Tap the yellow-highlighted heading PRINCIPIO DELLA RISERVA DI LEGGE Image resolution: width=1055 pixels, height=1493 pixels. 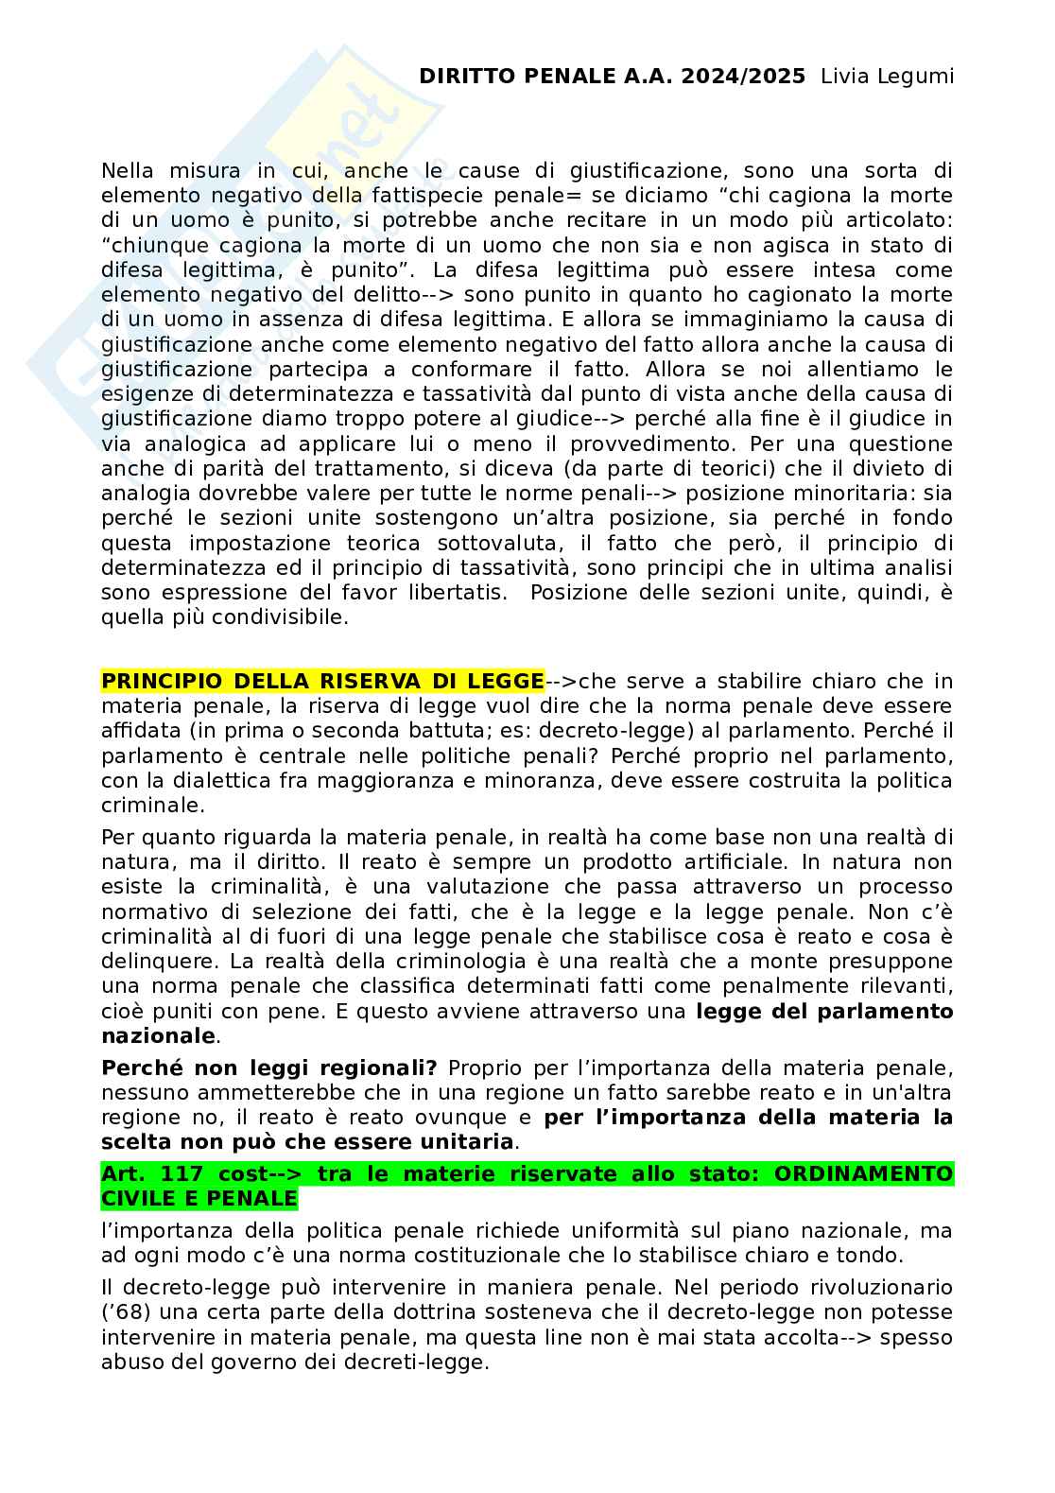[322, 682]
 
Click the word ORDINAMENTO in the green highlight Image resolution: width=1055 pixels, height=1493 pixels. [863, 1174]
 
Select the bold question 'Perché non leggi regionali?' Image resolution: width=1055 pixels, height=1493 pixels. [269, 1068]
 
